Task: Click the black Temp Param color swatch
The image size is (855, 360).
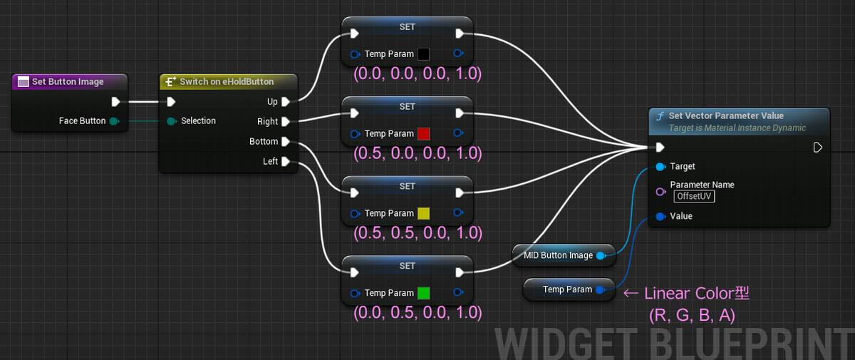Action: click(x=424, y=53)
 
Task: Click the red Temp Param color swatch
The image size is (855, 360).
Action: click(x=424, y=133)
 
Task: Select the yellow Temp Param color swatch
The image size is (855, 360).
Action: click(x=424, y=213)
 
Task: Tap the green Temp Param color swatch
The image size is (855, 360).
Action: click(x=424, y=293)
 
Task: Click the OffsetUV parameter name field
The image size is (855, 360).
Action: click(x=695, y=196)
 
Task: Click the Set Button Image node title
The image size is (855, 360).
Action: click(x=68, y=81)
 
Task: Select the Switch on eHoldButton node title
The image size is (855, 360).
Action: click(x=226, y=81)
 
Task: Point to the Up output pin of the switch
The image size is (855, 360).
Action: click(x=285, y=102)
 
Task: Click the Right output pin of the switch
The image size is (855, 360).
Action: click(x=285, y=122)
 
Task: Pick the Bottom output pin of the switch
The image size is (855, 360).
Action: click(x=285, y=142)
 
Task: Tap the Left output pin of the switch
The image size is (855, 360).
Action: click(x=285, y=162)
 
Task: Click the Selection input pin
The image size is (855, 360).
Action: click(x=171, y=121)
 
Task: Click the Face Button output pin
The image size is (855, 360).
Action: click(x=113, y=121)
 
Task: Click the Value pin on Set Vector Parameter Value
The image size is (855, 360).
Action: click(x=660, y=216)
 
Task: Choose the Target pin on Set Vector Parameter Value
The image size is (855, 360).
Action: click(x=660, y=166)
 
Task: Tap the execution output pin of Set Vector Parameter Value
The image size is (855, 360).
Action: click(x=817, y=148)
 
